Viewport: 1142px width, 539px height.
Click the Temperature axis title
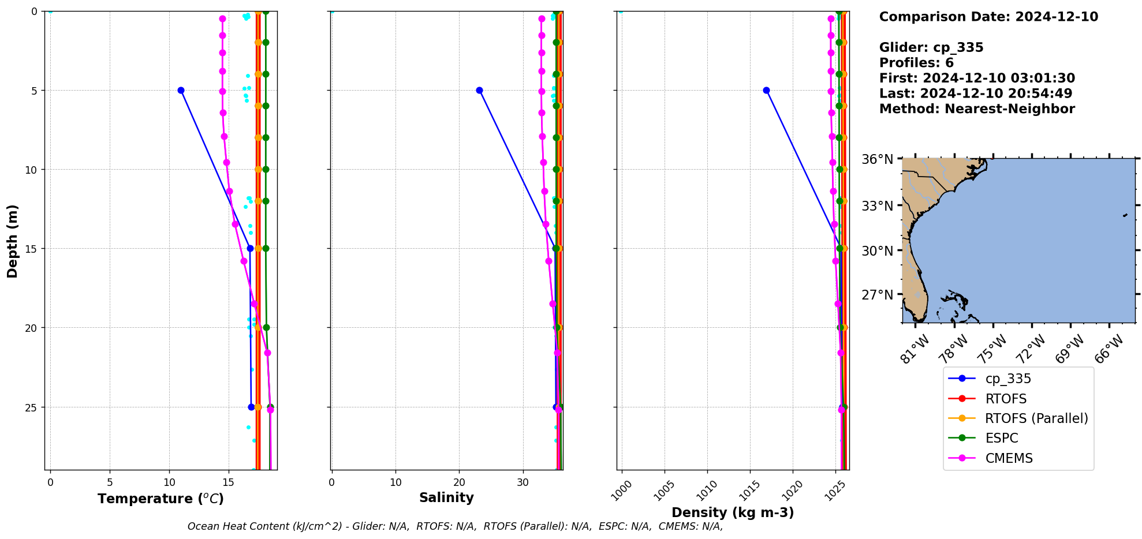(x=161, y=499)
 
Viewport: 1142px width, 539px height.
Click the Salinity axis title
(x=446, y=497)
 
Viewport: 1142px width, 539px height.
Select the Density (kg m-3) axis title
(x=733, y=512)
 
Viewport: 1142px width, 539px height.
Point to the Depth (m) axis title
(x=12, y=241)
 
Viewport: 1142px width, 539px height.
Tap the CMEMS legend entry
(x=1009, y=458)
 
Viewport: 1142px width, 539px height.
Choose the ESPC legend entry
(x=1002, y=438)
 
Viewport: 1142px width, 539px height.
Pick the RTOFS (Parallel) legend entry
(x=1036, y=418)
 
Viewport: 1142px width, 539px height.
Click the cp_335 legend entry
(x=1008, y=379)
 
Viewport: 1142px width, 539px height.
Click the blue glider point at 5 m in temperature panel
(x=181, y=90)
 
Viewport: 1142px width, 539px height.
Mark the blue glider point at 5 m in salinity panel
(x=479, y=90)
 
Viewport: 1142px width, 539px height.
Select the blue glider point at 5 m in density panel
(x=766, y=90)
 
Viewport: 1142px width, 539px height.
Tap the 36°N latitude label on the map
(x=878, y=159)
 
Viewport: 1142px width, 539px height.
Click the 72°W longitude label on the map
(x=1031, y=350)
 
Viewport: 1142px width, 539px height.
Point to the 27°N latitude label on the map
(x=878, y=295)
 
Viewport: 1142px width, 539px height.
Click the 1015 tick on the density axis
(x=749, y=489)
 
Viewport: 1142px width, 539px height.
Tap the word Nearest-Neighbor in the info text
(x=1009, y=109)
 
